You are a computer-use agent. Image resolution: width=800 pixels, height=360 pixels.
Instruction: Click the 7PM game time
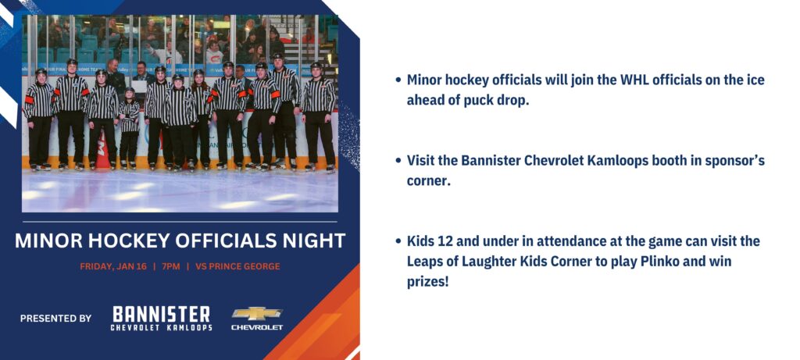171,266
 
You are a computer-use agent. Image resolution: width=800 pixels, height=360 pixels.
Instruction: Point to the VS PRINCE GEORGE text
234,266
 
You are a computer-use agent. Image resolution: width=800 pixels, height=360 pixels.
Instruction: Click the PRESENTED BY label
55,318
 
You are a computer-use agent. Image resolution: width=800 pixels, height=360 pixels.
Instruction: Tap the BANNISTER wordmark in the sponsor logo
161,314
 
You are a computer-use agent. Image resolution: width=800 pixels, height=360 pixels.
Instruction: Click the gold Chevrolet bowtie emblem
257,313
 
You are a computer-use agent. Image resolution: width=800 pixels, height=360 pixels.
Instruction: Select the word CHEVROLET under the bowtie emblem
257,327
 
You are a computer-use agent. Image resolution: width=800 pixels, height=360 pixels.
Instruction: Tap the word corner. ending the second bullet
429,181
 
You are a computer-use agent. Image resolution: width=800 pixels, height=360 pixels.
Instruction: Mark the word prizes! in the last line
427,282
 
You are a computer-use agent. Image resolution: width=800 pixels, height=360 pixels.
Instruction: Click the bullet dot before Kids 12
398,241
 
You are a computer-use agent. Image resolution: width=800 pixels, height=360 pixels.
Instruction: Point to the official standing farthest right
318,117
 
